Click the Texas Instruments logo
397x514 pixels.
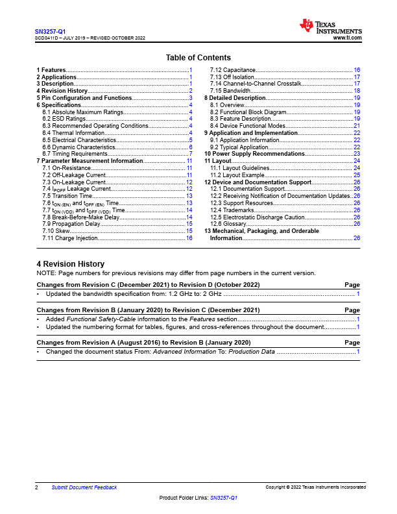[x=330, y=27]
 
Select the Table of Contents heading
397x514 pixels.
[x=198, y=58]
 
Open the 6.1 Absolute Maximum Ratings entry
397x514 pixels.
[x=82, y=112]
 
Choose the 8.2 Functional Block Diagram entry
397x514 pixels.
[x=248, y=112]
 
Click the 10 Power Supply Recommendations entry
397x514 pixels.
[x=250, y=154]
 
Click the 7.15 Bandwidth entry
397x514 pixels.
[x=230, y=91]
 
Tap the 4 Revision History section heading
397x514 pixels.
[x=70, y=264]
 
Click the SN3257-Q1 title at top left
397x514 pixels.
[x=50, y=31]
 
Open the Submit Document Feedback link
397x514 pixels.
[x=84, y=487]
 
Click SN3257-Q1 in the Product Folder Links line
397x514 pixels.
[x=224, y=498]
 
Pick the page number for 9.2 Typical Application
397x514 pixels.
[x=357, y=147]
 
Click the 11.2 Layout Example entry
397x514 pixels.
[x=240, y=175]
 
